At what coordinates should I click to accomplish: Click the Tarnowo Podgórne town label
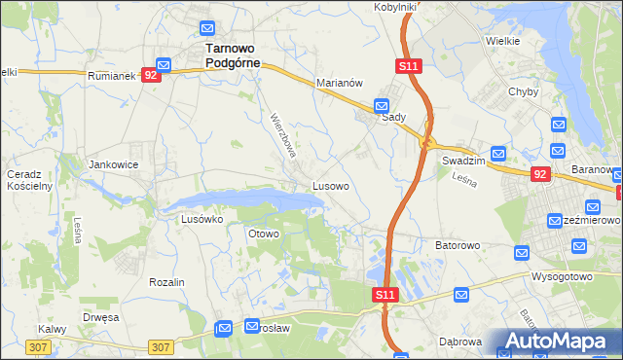coord(228,55)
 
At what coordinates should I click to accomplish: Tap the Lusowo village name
coord(331,185)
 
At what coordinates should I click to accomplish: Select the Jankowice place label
coord(114,165)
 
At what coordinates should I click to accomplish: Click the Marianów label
coord(340,84)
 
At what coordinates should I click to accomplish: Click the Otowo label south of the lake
coord(264,234)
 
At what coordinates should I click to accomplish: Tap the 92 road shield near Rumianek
coord(150,74)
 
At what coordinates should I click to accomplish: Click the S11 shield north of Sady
coord(408,66)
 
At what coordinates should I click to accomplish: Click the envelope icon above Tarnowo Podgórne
coord(207,28)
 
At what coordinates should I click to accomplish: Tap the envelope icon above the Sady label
coord(383,105)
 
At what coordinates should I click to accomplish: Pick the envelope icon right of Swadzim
coord(498,153)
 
